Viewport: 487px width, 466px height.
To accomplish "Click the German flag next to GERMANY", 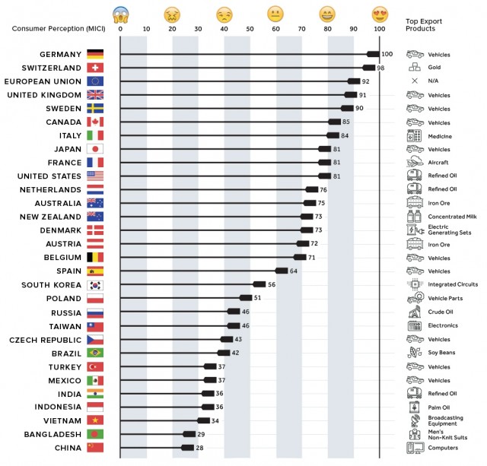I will click(x=95, y=55).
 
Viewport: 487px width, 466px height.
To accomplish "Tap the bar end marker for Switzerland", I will click(x=368, y=68).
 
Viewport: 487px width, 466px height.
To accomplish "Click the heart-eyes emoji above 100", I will click(x=379, y=14).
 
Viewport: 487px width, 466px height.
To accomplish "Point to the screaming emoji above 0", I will click(x=120, y=14).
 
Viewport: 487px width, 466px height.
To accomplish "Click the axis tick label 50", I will click(x=250, y=29).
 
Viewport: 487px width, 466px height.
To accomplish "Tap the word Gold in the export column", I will click(x=435, y=68).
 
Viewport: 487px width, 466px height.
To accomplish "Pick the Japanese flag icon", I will click(x=95, y=149).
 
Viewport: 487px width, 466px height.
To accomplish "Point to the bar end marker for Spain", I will click(x=282, y=271).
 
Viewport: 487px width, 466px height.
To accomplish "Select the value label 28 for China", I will click(x=201, y=448).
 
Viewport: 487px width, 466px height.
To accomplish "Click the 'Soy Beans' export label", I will click(x=442, y=353).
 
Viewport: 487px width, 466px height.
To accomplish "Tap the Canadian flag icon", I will click(x=95, y=122).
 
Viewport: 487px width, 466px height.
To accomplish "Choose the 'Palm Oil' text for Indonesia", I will click(x=439, y=407).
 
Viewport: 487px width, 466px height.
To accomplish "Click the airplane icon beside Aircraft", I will click(x=415, y=163).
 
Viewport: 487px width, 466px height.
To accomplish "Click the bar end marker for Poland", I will click(x=246, y=298).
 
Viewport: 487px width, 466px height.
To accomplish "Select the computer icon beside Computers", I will click(x=415, y=448).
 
